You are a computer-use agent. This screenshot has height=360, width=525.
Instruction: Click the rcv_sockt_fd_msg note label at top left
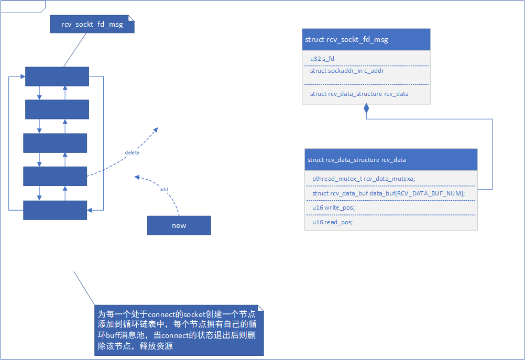(x=92, y=24)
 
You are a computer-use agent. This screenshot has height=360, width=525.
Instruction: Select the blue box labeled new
(x=179, y=225)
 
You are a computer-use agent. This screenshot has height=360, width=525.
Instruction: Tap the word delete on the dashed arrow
(x=132, y=152)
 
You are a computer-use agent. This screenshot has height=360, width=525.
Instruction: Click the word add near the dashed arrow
(x=163, y=189)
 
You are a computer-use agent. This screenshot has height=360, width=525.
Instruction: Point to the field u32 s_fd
(x=322, y=58)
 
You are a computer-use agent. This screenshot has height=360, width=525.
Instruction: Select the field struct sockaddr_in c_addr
(x=347, y=71)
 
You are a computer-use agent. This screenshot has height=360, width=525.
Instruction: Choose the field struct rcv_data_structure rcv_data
(x=359, y=94)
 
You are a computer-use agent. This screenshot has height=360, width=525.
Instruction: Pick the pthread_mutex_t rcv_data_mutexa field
(x=364, y=179)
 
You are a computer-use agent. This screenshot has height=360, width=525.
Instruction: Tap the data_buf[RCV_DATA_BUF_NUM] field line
(x=388, y=193)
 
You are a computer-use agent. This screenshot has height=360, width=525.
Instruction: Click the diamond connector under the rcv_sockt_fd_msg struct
(x=366, y=109)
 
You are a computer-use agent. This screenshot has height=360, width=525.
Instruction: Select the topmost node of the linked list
(x=57, y=77)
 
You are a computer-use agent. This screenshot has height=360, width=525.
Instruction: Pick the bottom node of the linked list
(x=55, y=210)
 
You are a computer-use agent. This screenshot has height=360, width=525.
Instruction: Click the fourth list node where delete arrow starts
(x=55, y=176)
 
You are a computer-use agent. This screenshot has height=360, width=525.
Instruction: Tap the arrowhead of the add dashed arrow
(x=136, y=177)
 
